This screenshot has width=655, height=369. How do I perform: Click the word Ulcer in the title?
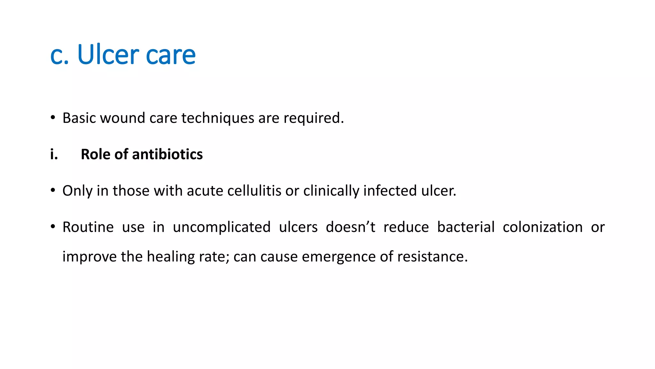tap(108, 54)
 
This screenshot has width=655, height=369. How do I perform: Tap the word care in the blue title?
tap(170, 55)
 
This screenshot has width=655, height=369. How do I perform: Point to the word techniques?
tap(218, 118)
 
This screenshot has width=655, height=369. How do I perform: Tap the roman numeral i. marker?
tap(54, 154)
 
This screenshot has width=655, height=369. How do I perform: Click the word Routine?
tap(88, 227)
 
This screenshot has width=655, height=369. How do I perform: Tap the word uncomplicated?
tap(222, 227)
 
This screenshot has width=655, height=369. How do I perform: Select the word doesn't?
tap(351, 227)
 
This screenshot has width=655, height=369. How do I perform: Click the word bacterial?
tap(466, 227)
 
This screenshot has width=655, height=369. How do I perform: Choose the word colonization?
tap(542, 227)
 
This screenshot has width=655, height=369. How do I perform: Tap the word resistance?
tap(432, 257)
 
